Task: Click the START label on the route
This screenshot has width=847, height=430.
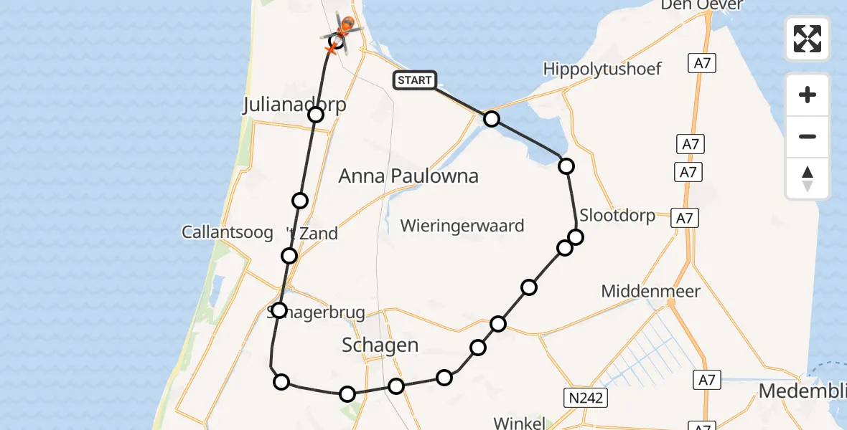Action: (x=414, y=80)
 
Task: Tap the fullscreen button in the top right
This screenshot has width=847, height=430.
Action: (x=808, y=39)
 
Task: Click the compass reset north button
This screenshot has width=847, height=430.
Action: (x=808, y=178)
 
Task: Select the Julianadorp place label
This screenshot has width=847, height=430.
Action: (x=294, y=105)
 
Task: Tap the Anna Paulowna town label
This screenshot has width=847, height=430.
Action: (x=408, y=176)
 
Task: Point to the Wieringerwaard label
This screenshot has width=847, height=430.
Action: (x=462, y=226)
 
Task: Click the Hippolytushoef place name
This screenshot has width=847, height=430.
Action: (x=602, y=69)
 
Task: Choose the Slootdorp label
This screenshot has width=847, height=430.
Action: (x=617, y=215)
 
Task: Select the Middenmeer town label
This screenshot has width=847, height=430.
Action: (x=650, y=291)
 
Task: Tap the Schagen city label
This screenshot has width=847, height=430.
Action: (x=380, y=345)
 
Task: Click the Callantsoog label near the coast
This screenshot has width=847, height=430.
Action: (x=228, y=232)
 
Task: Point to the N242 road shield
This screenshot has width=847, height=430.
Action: (x=583, y=396)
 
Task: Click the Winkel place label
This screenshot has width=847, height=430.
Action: (x=520, y=422)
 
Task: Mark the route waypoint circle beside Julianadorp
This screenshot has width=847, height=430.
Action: (x=315, y=114)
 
